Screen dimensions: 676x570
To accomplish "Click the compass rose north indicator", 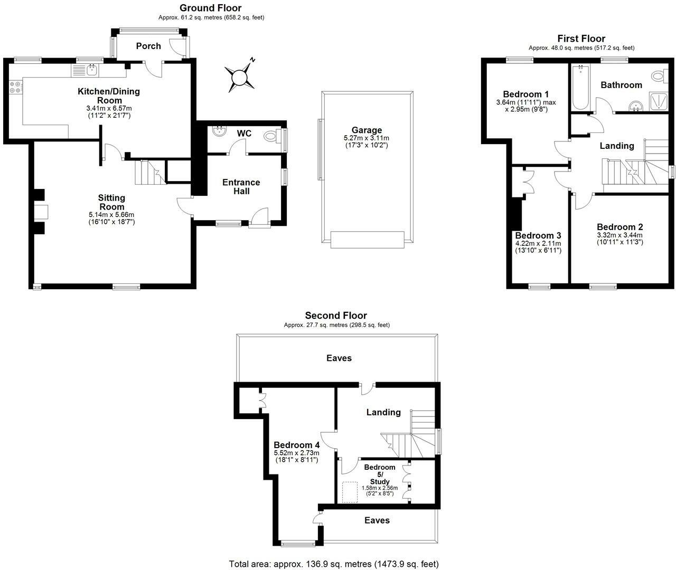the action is pyautogui.click(x=240, y=77).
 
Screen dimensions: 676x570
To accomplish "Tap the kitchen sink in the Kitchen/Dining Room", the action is pyautogui.click(x=85, y=70).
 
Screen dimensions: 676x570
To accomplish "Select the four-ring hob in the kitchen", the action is pyautogui.click(x=15, y=87).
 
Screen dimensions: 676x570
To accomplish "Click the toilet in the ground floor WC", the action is pyautogui.click(x=271, y=136).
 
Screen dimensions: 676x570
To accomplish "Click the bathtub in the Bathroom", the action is pyautogui.click(x=580, y=87).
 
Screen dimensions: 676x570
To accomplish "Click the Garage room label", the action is pyautogui.click(x=367, y=130).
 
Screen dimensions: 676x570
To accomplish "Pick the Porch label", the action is pyautogui.click(x=148, y=46).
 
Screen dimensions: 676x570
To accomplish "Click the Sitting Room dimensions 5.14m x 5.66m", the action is pyautogui.click(x=111, y=214).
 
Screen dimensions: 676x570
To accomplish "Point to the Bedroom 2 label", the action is pyautogui.click(x=619, y=227).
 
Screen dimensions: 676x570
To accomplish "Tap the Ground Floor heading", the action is pyautogui.click(x=210, y=8).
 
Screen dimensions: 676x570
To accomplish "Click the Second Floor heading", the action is pyautogui.click(x=336, y=316).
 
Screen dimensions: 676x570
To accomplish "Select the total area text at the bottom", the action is pyautogui.click(x=334, y=564).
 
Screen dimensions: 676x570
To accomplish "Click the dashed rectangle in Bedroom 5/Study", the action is pyautogui.click(x=350, y=492).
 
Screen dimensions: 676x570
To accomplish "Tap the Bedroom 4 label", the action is pyautogui.click(x=297, y=445).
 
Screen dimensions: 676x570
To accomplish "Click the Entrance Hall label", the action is pyautogui.click(x=241, y=187).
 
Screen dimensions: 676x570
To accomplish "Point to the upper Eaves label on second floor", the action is pyautogui.click(x=339, y=358).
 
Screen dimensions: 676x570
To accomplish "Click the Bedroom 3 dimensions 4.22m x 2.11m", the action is pyautogui.click(x=538, y=244).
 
